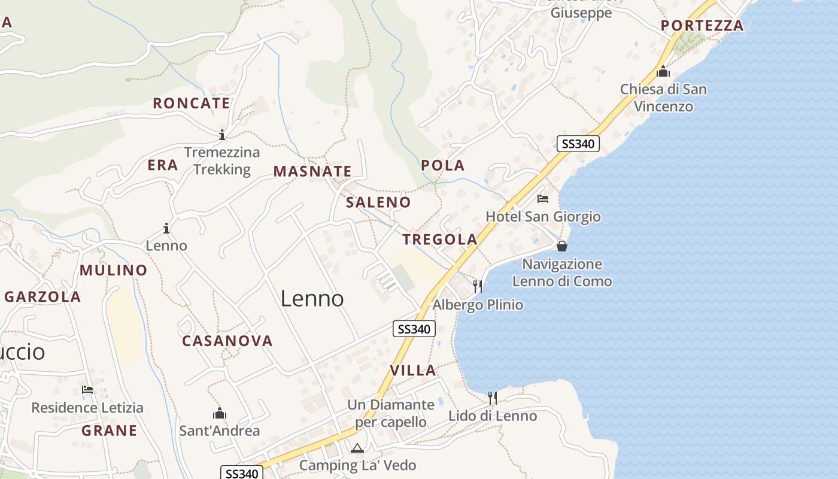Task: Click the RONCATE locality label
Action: coord(192,103)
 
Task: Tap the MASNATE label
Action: coord(312,171)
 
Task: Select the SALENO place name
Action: coord(378,202)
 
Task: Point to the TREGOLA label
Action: coord(440,239)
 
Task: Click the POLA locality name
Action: coord(442,165)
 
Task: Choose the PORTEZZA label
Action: coord(702,26)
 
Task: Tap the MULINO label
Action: coord(113,270)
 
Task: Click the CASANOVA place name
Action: coord(227,341)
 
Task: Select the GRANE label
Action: coord(109,431)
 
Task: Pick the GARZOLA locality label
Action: coord(42,296)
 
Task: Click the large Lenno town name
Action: coord(312,298)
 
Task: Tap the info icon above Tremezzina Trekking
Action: coord(222,135)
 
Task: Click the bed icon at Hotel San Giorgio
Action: coord(543,199)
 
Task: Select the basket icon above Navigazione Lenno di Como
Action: coord(561,246)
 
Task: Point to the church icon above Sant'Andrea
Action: coord(220,413)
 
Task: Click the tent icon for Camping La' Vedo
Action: coord(357,448)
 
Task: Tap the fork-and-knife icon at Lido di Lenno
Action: coord(492,398)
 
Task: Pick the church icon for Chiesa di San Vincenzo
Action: coord(663,71)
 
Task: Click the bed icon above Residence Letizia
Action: coord(87,390)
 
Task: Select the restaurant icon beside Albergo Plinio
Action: coord(478,287)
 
